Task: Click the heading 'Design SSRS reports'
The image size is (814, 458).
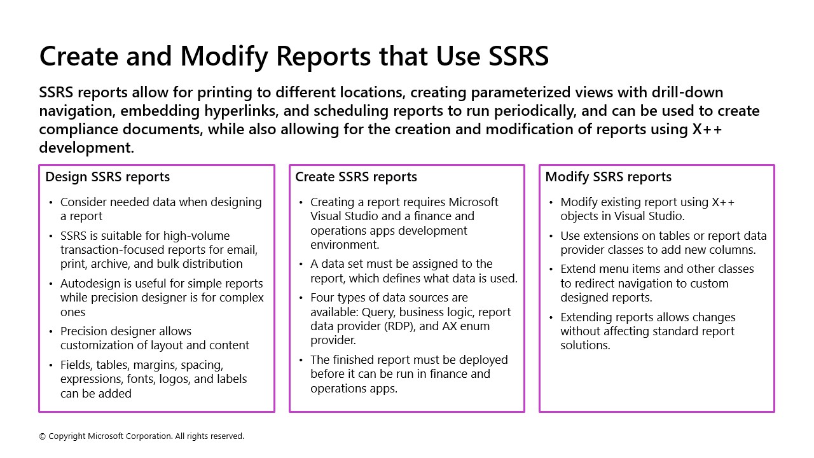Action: click(x=107, y=177)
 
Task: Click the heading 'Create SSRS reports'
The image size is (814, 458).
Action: click(x=356, y=177)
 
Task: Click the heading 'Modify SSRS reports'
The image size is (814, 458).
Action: click(x=608, y=177)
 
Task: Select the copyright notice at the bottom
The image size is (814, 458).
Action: click(x=142, y=436)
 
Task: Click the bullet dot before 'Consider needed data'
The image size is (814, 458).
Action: click(x=51, y=202)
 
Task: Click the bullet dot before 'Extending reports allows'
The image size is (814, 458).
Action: click(x=551, y=317)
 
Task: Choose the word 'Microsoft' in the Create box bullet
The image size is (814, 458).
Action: click(x=474, y=202)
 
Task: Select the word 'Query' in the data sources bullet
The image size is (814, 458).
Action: click(x=377, y=312)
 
